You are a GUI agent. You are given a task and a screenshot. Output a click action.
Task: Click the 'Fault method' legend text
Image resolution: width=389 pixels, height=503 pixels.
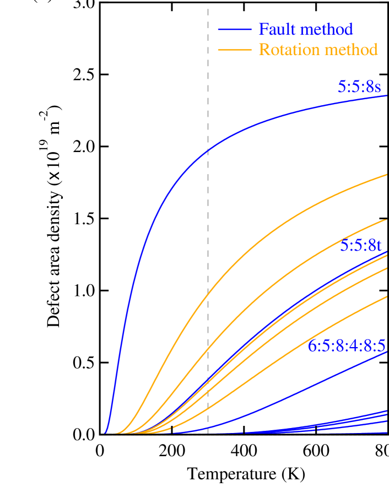coord(305,29)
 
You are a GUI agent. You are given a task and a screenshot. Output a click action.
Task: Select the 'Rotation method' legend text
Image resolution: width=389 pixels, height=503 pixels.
coord(318,50)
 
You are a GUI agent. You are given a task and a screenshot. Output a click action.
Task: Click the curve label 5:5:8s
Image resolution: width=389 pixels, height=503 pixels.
coord(359,86)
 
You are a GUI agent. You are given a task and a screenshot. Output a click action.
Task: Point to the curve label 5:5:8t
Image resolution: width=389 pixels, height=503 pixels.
coord(360,245)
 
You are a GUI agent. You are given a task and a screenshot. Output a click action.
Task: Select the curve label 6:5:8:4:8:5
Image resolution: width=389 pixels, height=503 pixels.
coord(346,345)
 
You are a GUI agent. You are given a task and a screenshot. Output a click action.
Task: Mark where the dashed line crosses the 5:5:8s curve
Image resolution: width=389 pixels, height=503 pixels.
coord(208,150)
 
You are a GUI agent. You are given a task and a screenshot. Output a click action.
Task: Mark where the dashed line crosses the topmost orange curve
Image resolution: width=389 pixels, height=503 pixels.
coord(208,294)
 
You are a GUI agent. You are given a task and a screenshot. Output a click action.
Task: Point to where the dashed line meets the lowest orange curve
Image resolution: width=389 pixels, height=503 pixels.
coord(208,408)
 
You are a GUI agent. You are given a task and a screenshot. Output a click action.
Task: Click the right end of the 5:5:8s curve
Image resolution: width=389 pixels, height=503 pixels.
coord(387,96)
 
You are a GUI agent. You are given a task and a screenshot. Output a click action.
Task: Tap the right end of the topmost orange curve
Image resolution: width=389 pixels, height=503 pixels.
coord(387,174)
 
